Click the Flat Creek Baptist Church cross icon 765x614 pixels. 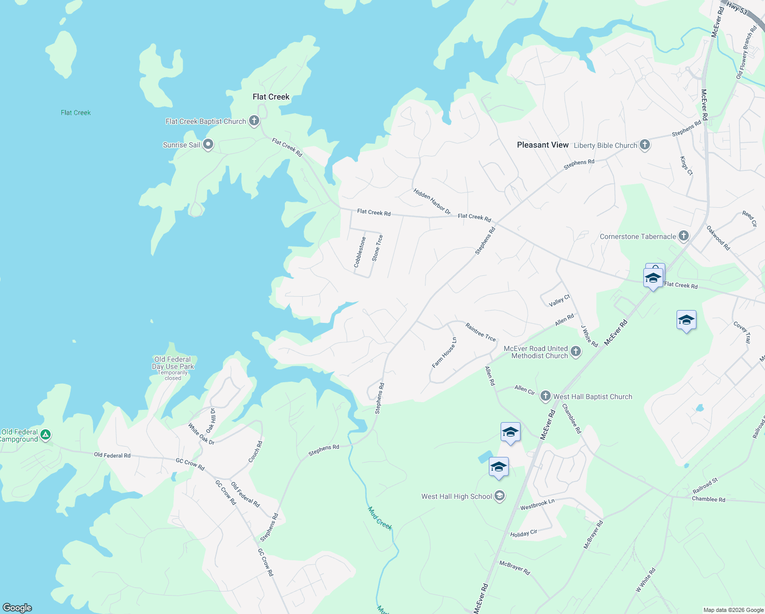(254, 121)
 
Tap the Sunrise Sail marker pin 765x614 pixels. (208, 144)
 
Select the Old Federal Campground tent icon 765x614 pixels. (46, 435)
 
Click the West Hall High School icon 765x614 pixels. (500, 496)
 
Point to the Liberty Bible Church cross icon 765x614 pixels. (645, 145)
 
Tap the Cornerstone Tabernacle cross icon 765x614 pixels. (684, 236)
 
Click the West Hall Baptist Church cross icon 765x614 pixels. (546, 396)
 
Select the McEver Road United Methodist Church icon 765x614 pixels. (576, 352)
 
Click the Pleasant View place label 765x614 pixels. (543, 145)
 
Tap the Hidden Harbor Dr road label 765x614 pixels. (432, 201)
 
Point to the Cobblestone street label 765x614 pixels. (360, 252)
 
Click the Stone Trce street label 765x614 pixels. (377, 248)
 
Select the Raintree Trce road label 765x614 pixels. (481, 332)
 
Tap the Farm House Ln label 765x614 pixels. (444, 353)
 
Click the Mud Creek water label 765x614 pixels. (380, 518)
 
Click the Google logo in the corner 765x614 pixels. (17, 608)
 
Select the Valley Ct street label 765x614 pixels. (559, 301)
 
